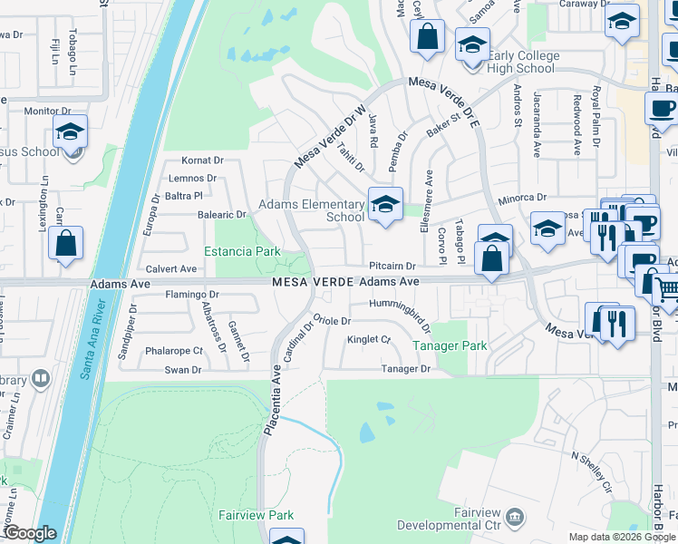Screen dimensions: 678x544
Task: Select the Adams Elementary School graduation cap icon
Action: coord(384,204)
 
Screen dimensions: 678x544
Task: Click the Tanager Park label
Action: coord(450,345)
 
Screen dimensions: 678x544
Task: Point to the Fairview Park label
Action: coord(257,515)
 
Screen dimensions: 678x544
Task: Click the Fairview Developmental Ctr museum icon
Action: coord(515,517)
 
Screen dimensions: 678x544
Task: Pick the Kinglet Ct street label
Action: coord(369,340)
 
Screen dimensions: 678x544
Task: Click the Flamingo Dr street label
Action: coord(192,295)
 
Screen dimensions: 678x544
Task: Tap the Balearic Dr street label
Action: coord(222,215)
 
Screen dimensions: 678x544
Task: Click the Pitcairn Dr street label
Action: coord(392,267)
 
